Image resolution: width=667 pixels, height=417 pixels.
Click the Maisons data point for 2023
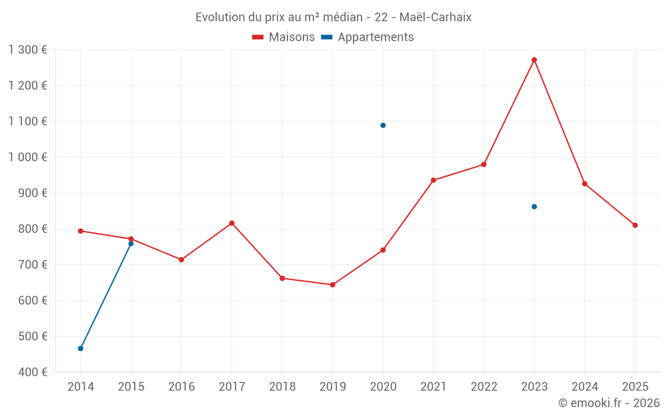(534, 60)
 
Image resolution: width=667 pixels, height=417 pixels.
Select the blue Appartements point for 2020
(383, 125)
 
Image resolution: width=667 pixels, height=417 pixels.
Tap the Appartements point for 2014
(81, 348)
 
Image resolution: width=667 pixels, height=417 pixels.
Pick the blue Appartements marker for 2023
(534, 207)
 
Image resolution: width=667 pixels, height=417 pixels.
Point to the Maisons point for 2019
(333, 285)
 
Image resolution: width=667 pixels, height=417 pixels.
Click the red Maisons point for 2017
(231, 223)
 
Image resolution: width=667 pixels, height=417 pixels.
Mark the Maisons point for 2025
(635, 226)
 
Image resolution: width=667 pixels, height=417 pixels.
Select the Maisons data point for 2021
(434, 180)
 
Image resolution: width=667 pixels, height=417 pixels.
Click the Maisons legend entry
(283, 37)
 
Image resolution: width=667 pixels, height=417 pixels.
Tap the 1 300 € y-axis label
(28, 50)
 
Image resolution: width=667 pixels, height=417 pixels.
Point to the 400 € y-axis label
(34, 372)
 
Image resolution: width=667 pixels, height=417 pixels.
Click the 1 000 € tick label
(28, 157)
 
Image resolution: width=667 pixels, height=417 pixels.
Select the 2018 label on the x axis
(282, 387)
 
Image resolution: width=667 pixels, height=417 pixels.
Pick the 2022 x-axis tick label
(484, 387)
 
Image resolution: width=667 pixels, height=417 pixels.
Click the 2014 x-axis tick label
(81, 387)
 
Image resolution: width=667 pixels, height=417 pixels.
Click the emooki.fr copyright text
(609, 403)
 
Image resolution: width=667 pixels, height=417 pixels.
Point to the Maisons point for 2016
(181, 260)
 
